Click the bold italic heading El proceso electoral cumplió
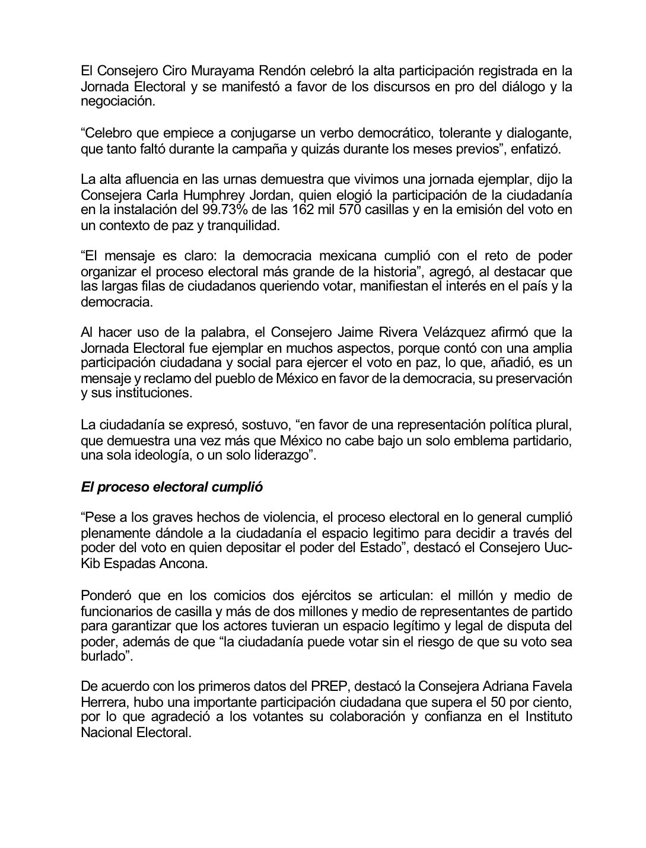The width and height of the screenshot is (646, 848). (171, 487)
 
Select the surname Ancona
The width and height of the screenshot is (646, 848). (179, 564)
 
